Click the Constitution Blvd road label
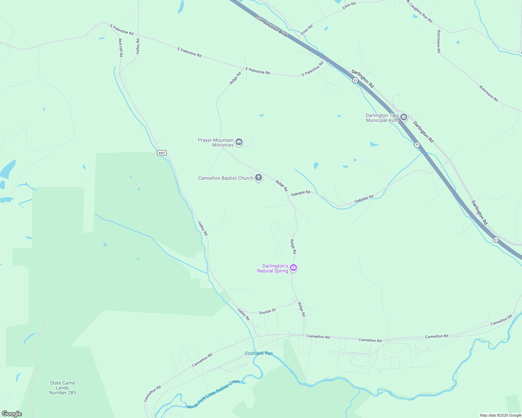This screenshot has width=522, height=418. point(271,26)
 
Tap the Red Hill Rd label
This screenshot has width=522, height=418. point(120,48)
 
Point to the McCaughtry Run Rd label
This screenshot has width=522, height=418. point(419,11)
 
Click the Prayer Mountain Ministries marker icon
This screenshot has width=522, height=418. point(239,142)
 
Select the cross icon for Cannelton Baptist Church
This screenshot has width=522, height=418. point(259,178)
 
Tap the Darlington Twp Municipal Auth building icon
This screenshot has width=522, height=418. point(404,117)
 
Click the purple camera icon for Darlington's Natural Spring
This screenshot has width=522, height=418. point(293,268)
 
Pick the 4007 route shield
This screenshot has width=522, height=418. point(162,153)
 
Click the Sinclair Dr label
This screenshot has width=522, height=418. point(267,311)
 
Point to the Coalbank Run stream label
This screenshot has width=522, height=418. point(259,353)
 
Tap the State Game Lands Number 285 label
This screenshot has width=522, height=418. point(62,388)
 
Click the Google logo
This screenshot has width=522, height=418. point(12,414)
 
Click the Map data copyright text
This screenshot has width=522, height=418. point(500,415)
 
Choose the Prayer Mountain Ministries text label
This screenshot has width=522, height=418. point(216,142)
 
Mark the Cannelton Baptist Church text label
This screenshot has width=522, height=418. point(225,178)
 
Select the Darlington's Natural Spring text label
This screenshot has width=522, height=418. point(273,268)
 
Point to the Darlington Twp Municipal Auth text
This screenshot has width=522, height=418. point(382,118)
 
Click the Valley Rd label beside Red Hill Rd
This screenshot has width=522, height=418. point(138,46)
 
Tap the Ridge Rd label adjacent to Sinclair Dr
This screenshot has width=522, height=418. point(301,309)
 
